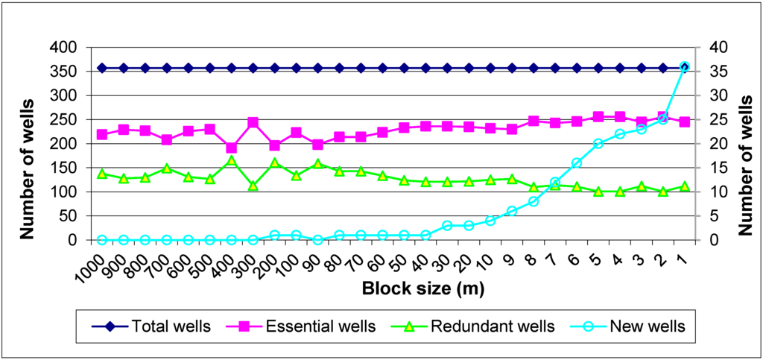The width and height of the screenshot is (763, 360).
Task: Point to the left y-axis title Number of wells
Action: click(28, 144)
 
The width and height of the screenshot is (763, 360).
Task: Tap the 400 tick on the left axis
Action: click(64, 47)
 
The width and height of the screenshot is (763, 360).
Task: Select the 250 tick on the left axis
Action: click(64, 119)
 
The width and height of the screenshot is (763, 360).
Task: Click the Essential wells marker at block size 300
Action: click(253, 122)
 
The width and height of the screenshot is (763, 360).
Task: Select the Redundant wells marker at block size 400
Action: click(231, 160)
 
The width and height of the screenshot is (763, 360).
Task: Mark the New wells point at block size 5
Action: click(598, 143)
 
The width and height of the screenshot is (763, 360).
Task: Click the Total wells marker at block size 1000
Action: click(102, 68)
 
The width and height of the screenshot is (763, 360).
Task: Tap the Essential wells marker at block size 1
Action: click(684, 121)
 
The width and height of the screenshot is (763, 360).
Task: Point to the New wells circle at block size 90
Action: click(318, 240)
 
